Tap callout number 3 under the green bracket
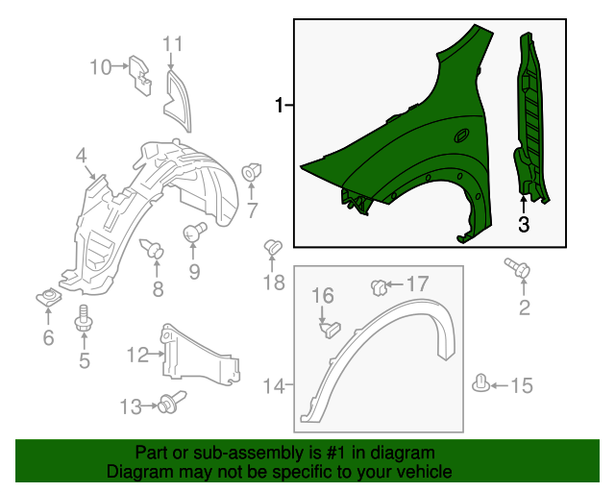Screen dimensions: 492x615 (x=524, y=225)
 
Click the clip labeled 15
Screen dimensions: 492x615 (x=480, y=385)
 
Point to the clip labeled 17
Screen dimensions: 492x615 (x=380, y=285)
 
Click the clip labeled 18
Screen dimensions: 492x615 (x=271, y=249)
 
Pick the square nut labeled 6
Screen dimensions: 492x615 (x=46, y=296)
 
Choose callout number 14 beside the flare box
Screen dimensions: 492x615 (x=275, y=385)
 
